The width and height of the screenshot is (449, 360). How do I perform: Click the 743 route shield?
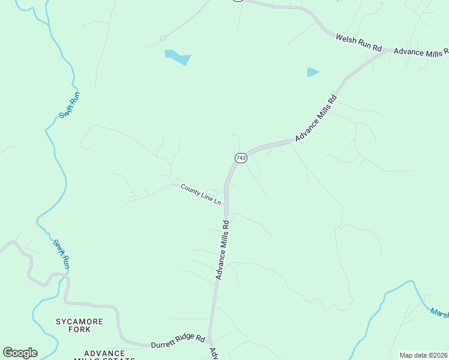pyautogui.click(x=241, y=158)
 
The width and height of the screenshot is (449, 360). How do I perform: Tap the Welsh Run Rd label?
pyautogui.click(x=358, y=43)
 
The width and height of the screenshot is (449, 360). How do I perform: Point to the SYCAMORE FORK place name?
pyautogui.click(x=79, y=326)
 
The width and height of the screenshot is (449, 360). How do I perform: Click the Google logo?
pyautogui.click(x=20, y=353)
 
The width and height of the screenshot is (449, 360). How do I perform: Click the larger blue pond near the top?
pyautogui.click(x=177, y=57)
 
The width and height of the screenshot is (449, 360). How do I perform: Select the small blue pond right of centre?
pyautogui.click(x=312, y=72)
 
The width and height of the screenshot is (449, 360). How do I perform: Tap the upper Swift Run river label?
pyautogui.click(x=70, y=105)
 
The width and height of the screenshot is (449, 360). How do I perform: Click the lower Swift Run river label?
pyautogui.click(x=62, y=253)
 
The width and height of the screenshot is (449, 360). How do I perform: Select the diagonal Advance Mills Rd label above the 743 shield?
pyautogui.click(x=316, y=118)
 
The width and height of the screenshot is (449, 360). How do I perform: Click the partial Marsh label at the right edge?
pyautogui.click(x=439, y=313)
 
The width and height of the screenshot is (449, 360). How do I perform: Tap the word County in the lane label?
pyautogui.click(x=191, y=190)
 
